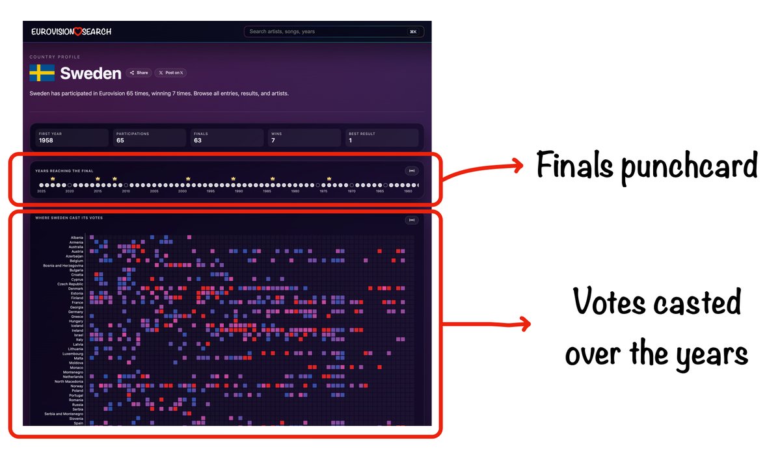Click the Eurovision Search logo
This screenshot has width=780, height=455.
tap(71, 31)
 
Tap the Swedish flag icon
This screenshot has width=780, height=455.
tap(42, 73)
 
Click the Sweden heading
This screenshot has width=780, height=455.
tap(90, 73)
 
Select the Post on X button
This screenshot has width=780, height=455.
tap(171, 73)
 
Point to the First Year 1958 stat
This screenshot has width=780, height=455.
tap(72, 137)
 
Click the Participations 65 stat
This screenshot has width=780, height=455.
tap(149, 137)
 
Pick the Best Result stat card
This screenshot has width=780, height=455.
tap(381, 137)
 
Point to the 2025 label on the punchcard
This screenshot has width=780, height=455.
tap(41, 191)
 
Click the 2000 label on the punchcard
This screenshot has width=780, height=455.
tap(183, 191)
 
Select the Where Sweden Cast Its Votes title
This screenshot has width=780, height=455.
tap(69, 218)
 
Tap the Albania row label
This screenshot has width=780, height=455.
tap(77, 238)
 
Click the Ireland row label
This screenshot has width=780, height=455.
tap(77, 330)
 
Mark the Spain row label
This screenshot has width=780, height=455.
tap(78, 423)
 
